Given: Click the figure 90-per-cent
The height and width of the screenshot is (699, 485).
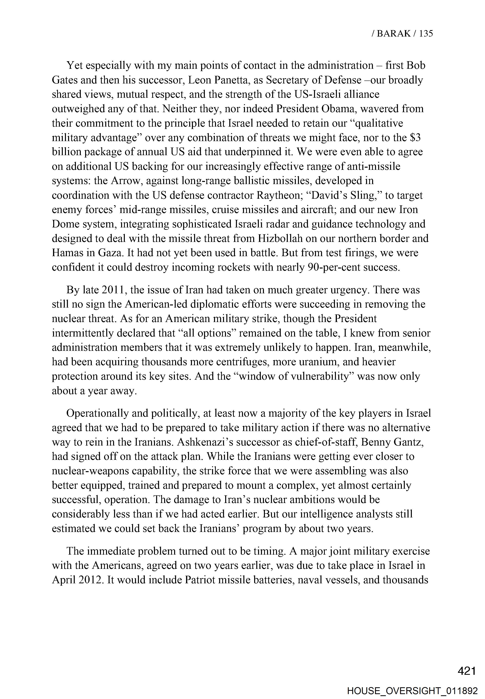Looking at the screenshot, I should tap(334, 267).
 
